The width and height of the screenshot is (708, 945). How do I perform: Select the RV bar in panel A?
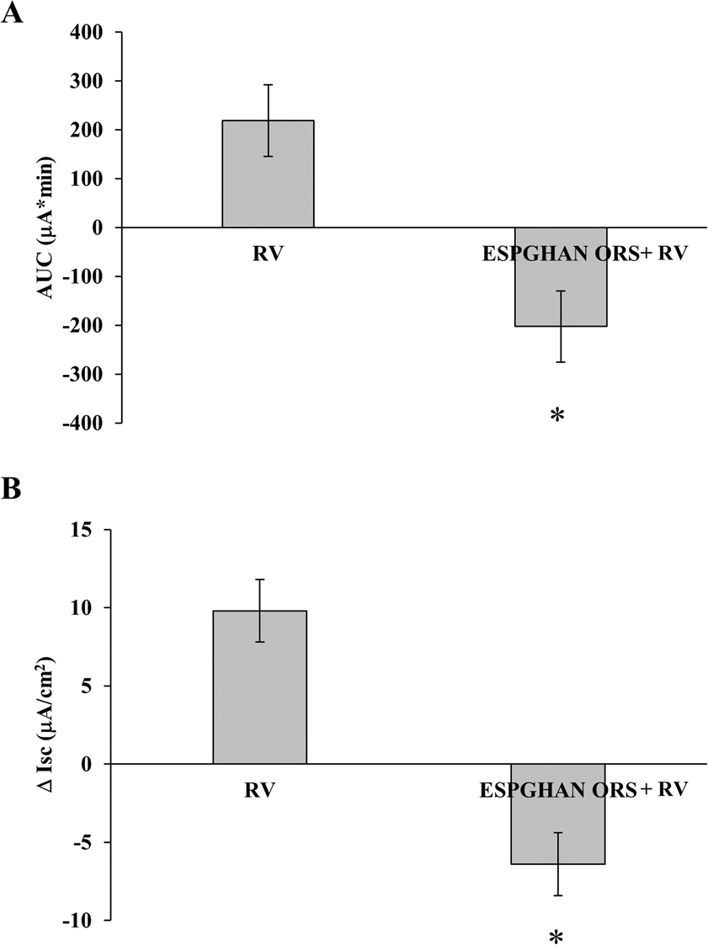(268, 174)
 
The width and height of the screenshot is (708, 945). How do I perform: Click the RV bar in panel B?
(259, 687)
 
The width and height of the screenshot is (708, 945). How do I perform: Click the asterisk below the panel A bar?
(556, 415)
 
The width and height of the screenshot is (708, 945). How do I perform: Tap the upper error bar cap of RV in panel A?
(268, 84)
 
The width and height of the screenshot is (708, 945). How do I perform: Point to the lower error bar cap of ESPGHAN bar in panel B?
(558, 895)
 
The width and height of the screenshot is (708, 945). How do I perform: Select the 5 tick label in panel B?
(96, 686)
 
